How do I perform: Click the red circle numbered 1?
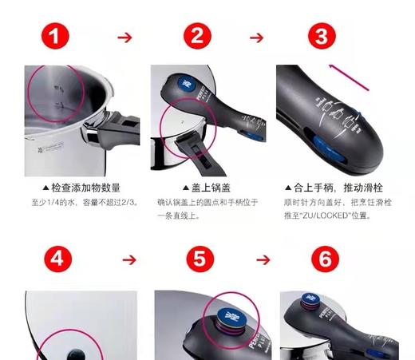click(x=53, y=37)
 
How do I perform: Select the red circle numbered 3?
click(x=320, y=37)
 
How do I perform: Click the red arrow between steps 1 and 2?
click(x=124, y=37)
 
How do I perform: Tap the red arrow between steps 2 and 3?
click(x=255, y=37)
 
